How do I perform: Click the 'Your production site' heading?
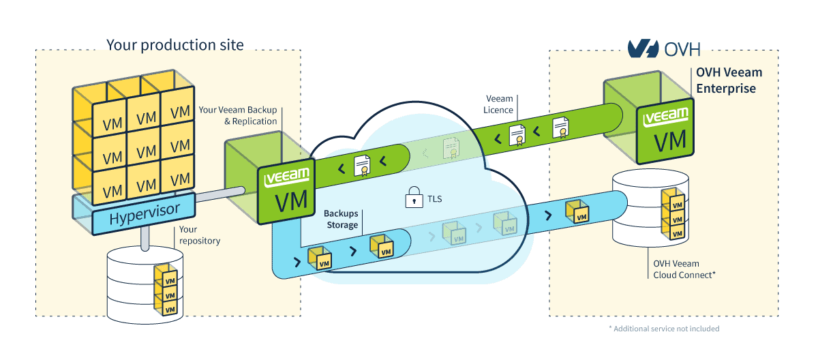point(175,46)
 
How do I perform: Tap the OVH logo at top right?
point(663,48)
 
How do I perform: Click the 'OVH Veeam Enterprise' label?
point(729,80)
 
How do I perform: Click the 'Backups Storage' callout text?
point(341,220)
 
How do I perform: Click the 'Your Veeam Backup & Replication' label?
point(238,115)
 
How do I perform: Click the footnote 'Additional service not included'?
point(664,329)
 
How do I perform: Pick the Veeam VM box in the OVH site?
point(665,131)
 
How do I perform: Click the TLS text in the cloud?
point(434,199)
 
